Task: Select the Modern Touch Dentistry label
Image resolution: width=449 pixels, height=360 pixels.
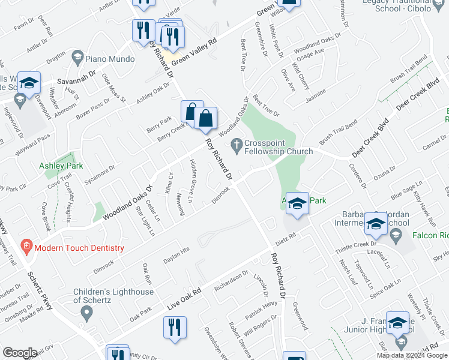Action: (79, 247)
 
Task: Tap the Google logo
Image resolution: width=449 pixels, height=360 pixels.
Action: (20, 353)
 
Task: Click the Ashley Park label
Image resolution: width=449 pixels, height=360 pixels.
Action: (61, 166)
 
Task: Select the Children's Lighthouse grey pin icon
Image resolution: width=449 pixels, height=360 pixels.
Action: (86, 312)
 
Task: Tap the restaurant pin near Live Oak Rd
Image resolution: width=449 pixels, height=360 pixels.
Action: (175, 328)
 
